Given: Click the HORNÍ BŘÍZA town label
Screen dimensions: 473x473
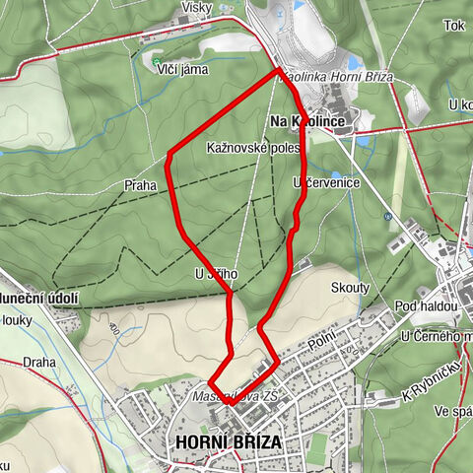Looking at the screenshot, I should tap(227, 442).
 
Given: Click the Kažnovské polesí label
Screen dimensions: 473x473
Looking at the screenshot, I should tap(252, 147).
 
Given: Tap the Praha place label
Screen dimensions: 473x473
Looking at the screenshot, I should tap(140, 184).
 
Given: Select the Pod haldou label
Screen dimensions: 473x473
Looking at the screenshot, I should tap(426, 307).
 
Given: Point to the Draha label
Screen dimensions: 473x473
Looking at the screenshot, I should tap(40, 362).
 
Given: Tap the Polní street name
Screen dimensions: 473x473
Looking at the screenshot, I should tap(321, 341).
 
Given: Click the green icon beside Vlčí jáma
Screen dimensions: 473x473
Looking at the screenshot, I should tap(158, 62).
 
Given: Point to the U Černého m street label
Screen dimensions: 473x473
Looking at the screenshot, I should tap(436, 338).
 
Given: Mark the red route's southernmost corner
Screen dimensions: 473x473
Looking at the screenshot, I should tap(228, 402).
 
